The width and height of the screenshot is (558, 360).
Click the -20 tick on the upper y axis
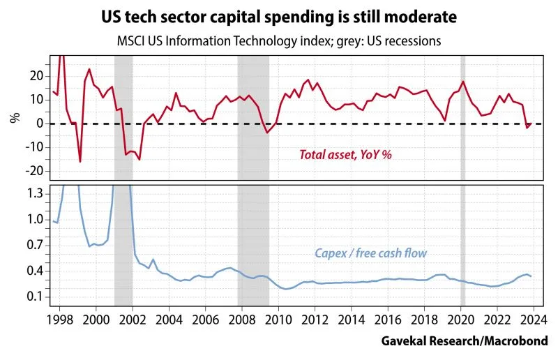[36, 170]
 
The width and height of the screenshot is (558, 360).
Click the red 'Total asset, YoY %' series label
[345, 154]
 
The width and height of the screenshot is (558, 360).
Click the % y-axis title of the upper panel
[15, 117]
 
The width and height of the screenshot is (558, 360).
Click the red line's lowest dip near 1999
[80, 162]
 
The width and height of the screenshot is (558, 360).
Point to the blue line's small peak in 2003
[153, 260]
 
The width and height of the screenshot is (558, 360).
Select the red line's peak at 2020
[462, 82]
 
